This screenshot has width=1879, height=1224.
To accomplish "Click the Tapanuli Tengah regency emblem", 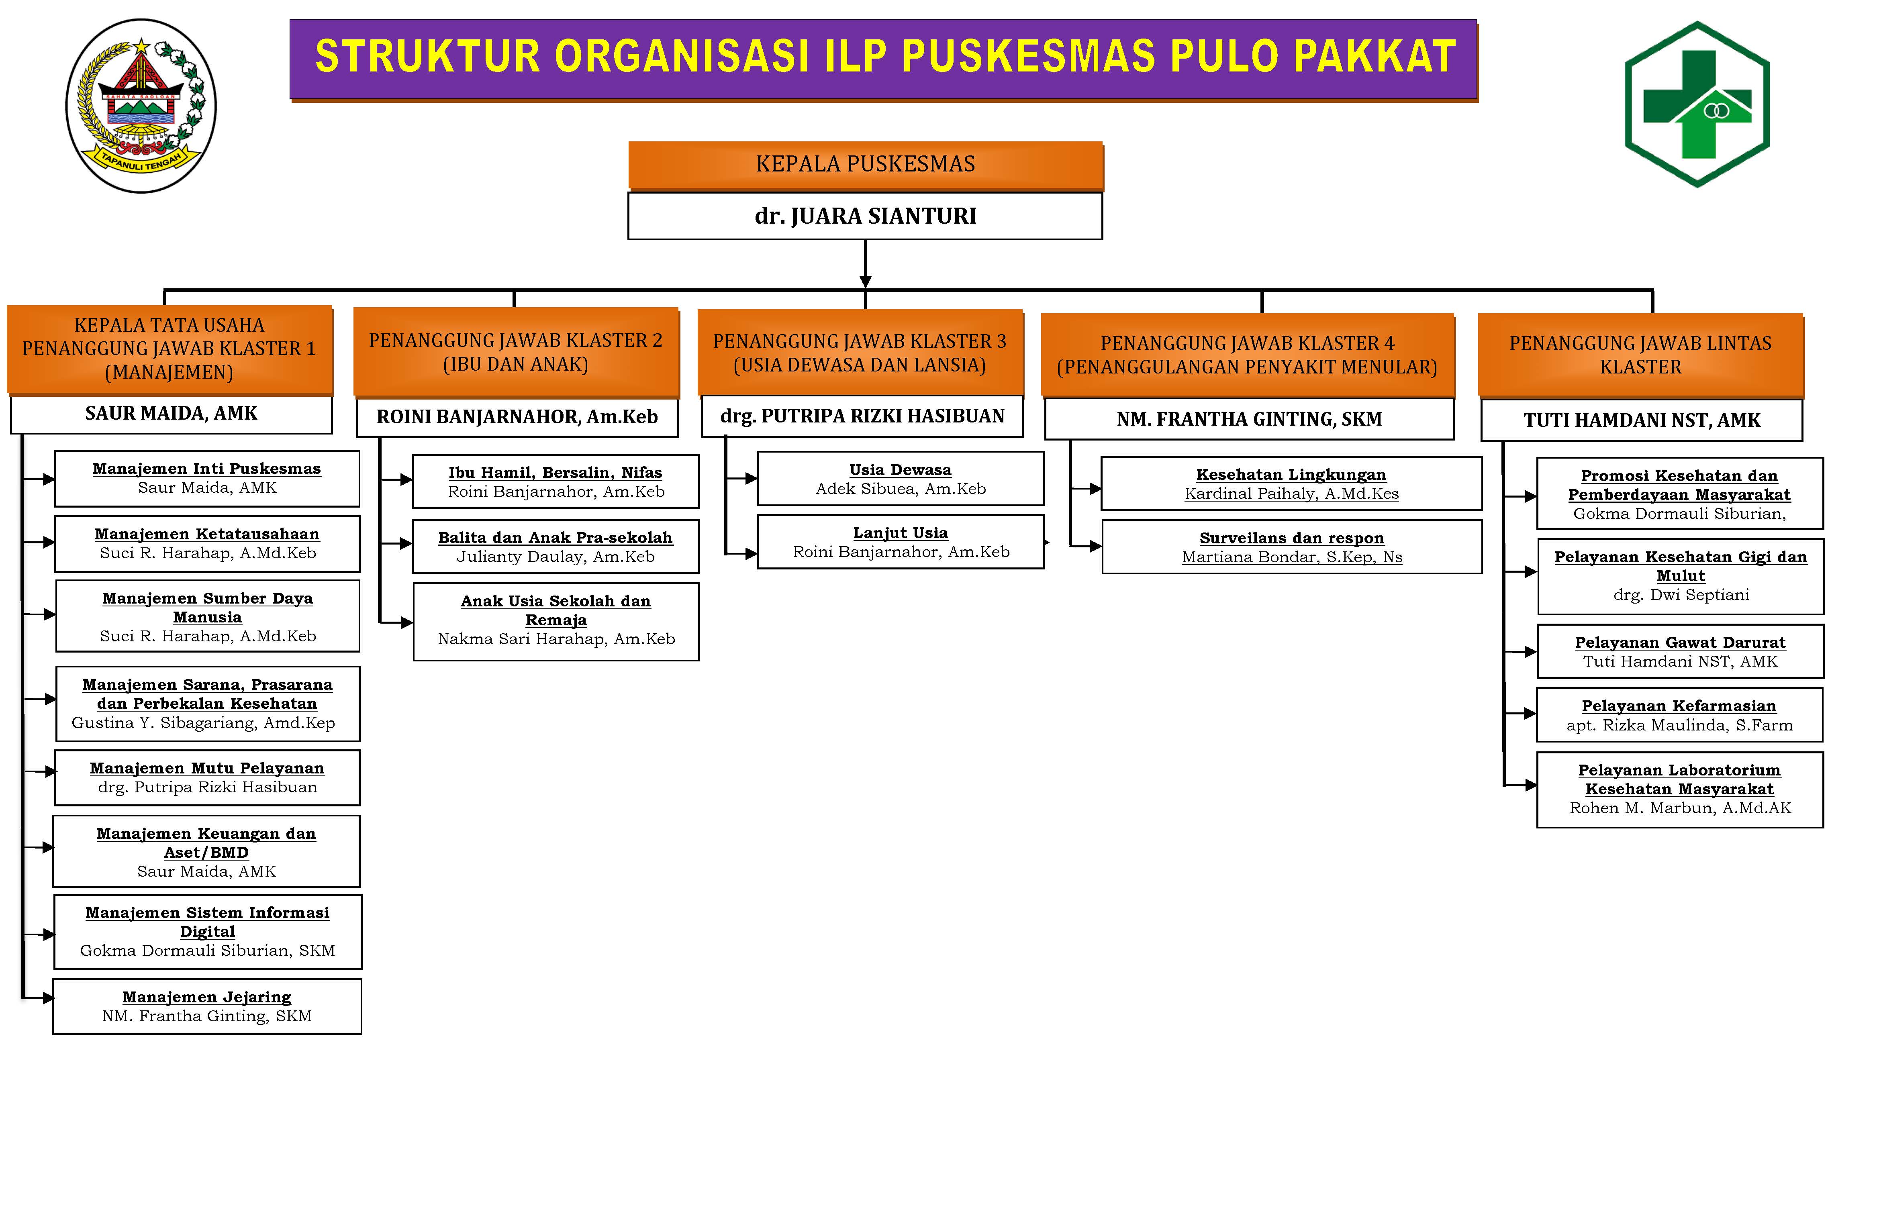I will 141,106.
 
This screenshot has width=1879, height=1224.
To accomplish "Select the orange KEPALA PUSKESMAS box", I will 865,165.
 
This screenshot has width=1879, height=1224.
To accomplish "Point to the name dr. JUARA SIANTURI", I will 865,216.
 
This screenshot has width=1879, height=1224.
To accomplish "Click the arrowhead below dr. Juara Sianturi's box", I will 865,281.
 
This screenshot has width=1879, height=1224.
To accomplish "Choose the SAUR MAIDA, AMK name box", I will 172,414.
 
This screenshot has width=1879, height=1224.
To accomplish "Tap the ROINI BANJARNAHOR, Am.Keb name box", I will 517,418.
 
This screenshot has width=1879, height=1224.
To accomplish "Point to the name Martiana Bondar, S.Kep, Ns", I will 1292,557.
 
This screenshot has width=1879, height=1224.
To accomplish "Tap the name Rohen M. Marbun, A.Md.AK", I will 1680,808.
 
